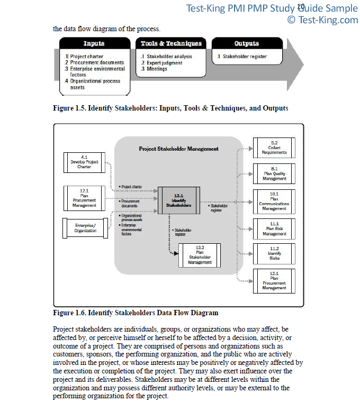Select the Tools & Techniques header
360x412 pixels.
tap(171, 43)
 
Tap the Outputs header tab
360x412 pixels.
tap(247, 43)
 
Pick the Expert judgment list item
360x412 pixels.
tap(161, 63)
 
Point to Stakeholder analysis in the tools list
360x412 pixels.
tap(166, 57)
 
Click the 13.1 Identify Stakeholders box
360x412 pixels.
tap(179, 200)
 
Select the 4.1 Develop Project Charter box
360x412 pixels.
tap(84, 162)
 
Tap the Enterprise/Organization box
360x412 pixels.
tap(85, 228)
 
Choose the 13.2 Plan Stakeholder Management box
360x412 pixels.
tap(200, 255)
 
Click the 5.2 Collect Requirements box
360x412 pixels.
tap(274, 148)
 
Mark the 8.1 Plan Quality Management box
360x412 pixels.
tap(274, 173)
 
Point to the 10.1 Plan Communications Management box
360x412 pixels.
tap(274, 202)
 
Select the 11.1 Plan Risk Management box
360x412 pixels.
tap(274, 229)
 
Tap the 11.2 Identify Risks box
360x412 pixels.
tap(274, 254)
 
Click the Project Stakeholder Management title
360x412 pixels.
tap(179, 149)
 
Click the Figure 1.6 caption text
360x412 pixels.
tap(136, 313)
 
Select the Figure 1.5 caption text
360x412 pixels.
tap(170, 108)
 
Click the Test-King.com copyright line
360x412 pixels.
tap(322, 20)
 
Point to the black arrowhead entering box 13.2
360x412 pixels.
tap(176, 253)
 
